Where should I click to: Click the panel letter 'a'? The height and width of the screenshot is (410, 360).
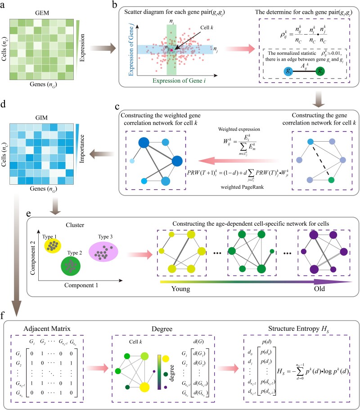(x=4, y=5)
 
